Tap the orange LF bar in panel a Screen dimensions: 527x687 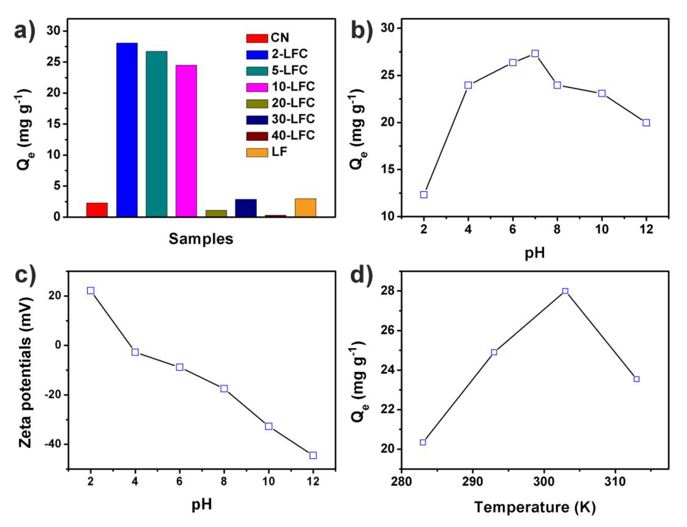(x=305, y=207)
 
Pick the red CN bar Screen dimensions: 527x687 (x=97, y=210)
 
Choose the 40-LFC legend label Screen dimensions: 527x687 (x=293, y=135)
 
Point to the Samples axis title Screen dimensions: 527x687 (x=201, y=239)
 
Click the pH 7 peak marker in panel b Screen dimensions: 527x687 (x=535, y=54)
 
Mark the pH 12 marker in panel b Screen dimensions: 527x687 (x=646, y=123)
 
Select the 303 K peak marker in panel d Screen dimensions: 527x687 (x=565, y=291)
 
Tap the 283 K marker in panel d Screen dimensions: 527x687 (x=423, y=443)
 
